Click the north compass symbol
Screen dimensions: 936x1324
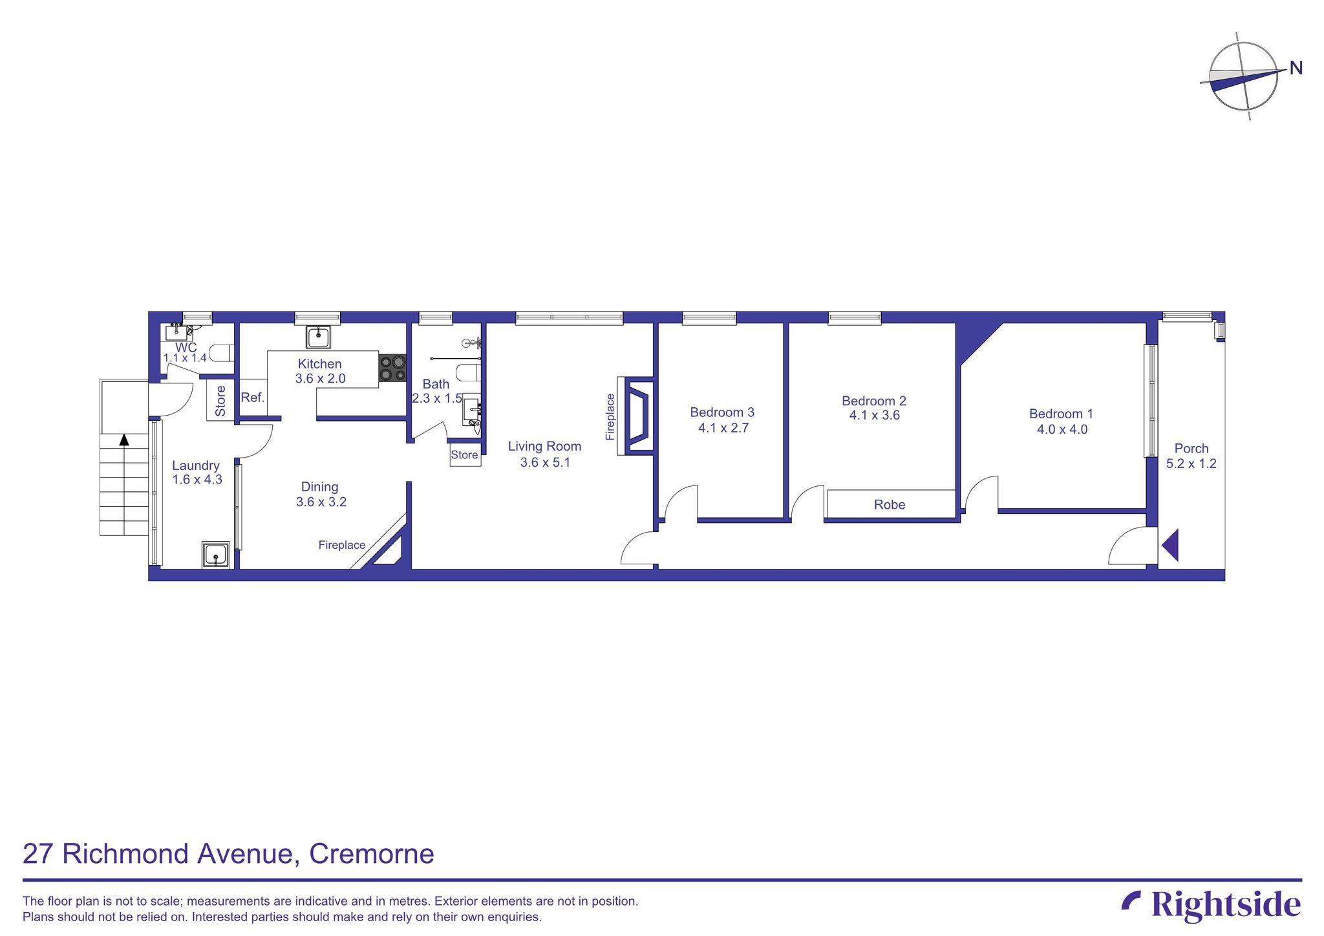(1244, 76)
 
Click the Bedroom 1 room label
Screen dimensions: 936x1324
(1061, 414)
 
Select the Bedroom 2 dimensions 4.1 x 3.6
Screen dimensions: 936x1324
(874, 416)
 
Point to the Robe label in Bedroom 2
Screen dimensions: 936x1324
(890, 505)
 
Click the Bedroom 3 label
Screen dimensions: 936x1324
(722, 412)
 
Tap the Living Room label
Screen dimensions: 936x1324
(544, 446)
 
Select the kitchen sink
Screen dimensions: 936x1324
(319, 337)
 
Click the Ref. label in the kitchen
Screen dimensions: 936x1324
(253, 398)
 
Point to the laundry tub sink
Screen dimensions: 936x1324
(215, 555)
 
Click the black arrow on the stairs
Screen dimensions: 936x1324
(124, 440)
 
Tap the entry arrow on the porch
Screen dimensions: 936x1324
(1170, 545)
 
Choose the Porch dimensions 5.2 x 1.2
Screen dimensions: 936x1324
(1191, 463)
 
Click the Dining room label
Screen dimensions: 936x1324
(319, 487)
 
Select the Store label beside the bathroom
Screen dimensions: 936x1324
(464, 455)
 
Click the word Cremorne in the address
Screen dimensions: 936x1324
(371, 854)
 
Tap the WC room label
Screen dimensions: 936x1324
(186, 348)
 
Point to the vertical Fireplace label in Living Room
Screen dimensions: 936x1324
(610, 417)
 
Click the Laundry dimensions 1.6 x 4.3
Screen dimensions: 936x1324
(197, 480)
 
